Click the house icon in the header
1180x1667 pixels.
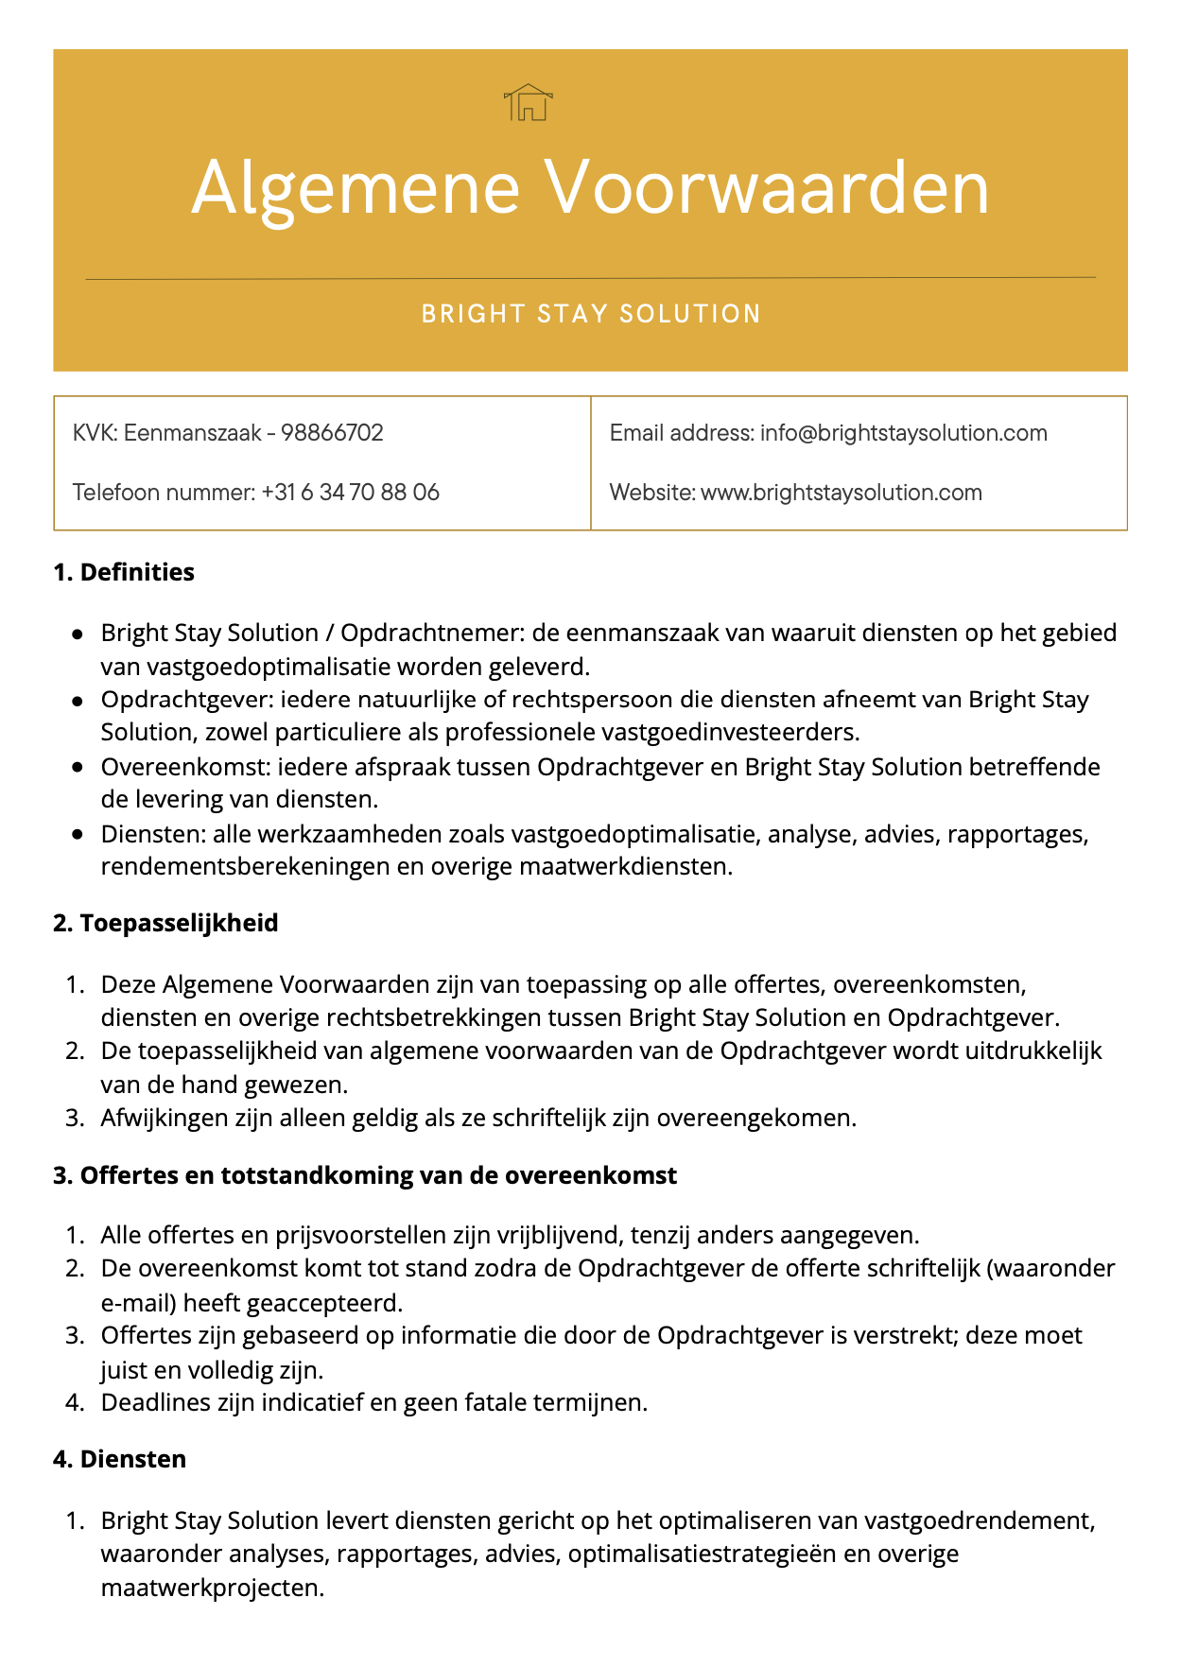coord(529,102)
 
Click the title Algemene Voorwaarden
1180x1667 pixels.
coord(590,187)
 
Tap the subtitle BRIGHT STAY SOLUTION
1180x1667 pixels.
coord(591,314)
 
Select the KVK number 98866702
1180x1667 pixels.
coord(333,433)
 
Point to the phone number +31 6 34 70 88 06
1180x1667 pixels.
coord(351,493)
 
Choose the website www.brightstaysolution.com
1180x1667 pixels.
coord(841,493)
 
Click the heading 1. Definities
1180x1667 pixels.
coord(124,572)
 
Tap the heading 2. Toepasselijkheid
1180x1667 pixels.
coord(165,923)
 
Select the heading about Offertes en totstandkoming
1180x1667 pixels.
coord(365,1175)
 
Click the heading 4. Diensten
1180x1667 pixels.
coord(119,1459)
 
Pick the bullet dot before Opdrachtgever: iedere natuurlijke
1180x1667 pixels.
coord(78,701)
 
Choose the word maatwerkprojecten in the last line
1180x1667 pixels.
coord(212,1588)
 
